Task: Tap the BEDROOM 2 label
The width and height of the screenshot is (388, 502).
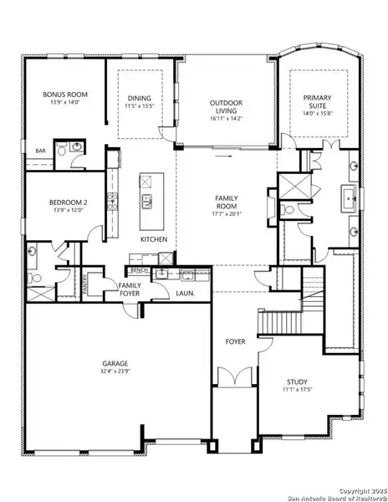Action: coord(56,202)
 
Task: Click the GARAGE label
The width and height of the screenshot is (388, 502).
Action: coord(115,363)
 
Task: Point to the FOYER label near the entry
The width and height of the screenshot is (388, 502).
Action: coord(234,341)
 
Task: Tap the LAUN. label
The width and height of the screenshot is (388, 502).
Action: coord(185,294)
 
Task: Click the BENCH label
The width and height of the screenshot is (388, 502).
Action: coord(140,270)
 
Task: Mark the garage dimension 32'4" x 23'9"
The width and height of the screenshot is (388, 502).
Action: coord(115,371)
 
